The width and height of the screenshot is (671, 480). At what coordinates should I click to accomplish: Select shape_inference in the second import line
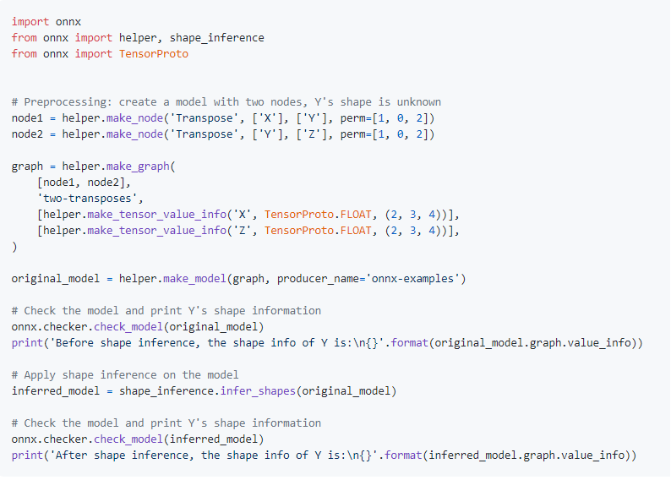click(217, 37)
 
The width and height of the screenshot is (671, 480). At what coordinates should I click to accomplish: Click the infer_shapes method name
click(252, 390)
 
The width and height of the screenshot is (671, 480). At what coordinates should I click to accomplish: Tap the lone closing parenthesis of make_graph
click(14, 246)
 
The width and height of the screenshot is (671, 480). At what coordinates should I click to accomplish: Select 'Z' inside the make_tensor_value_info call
click(245, 230)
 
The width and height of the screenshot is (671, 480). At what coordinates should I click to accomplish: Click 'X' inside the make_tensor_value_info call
click(245, 214)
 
